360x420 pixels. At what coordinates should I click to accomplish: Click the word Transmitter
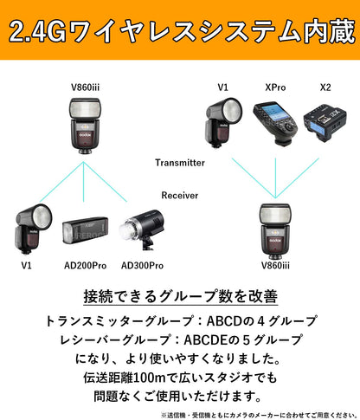[179, 162]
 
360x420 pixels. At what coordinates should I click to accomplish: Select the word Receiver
[179, 196]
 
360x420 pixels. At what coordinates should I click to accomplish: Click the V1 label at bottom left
[26, 265]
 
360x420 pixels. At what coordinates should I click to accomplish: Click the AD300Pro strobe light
[138, 230]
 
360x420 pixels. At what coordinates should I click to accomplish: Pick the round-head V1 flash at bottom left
[28, 229]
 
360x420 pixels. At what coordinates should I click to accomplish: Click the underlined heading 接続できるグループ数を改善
[179, 297]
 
